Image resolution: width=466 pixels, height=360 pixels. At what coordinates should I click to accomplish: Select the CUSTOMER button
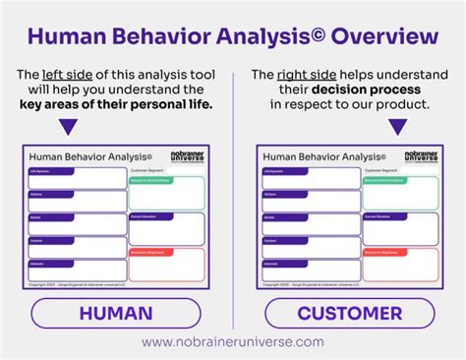(x=349, y=314)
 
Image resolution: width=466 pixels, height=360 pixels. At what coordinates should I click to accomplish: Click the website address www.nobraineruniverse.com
(x=232, y=341)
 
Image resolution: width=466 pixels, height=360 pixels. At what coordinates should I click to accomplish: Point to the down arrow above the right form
(x=398, y=127)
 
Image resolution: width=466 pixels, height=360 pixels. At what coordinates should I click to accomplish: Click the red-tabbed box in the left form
(x=166, y=264)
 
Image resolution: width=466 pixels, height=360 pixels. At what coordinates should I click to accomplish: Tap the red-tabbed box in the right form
(x=400, y=264)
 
